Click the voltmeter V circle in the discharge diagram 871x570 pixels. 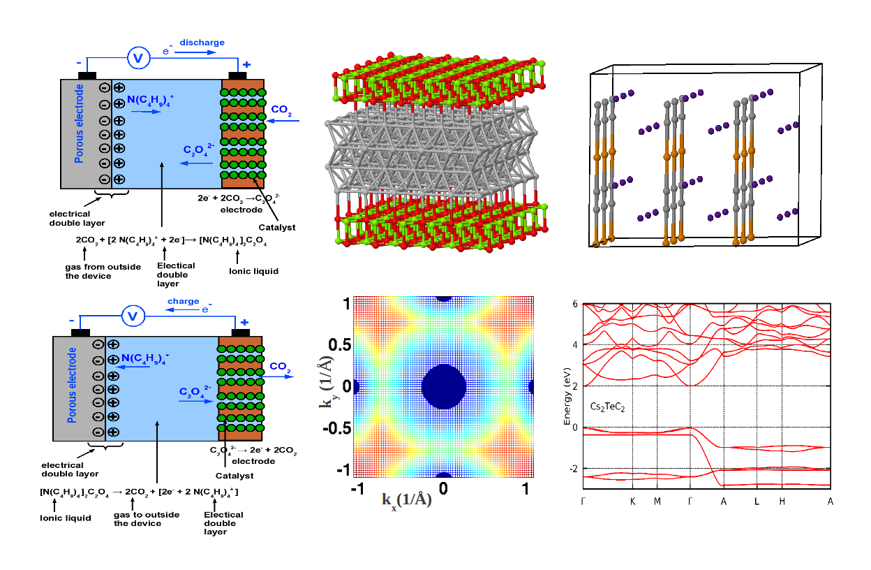tap(137, 58)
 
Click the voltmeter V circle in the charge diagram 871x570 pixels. tap(132, 316)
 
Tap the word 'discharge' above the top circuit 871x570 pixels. tap(202, 43)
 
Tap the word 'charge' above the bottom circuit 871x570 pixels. tap(184, 302)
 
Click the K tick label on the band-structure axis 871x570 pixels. tap(632, 502)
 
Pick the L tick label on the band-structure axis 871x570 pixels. tap(757, 502)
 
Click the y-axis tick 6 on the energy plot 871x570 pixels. tap(574, 304)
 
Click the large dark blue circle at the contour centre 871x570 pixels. tap(444, 387)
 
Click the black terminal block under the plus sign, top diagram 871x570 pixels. tap(239, 75)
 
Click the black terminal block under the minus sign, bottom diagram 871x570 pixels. tap(80, 332)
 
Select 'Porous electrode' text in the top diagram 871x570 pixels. tap(80, 125)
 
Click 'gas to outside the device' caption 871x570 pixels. tap(147, 519)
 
